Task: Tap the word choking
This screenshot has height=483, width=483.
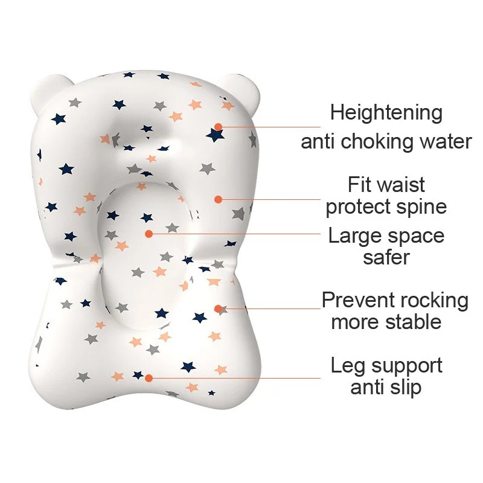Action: point(377,142)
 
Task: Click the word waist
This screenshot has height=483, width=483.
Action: point(401,185)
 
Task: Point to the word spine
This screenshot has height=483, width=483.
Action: point(421,207)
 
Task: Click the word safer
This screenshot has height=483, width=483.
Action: point(386,257)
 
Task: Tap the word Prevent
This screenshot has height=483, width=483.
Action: point(358,300)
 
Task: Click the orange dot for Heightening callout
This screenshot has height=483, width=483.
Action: point(219,127)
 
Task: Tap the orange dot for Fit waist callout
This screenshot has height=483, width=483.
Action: point(218,199)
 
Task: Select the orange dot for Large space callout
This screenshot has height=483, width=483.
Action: point(149,234)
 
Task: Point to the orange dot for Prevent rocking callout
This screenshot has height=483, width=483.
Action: point(218,309)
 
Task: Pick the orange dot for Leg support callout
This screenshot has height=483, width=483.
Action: point(149,378)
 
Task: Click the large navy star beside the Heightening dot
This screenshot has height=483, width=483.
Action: point(215,135)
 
